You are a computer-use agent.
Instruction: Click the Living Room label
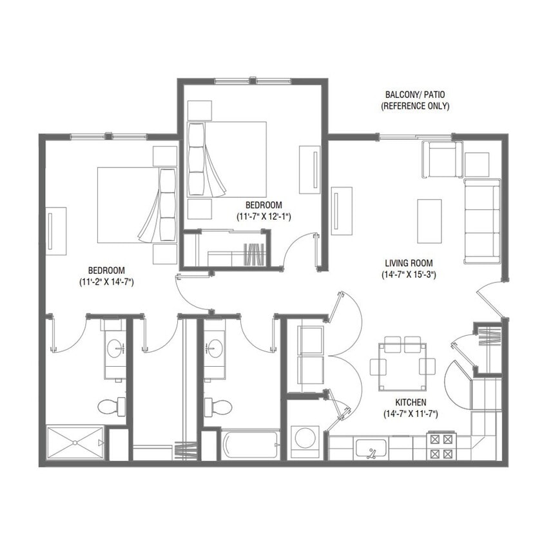(408, 263)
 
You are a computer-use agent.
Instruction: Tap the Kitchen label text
(410, 402)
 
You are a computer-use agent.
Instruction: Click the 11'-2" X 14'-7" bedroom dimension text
(106, 282)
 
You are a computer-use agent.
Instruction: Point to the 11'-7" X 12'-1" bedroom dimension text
(263, 217)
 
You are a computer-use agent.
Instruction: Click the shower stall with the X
(75, 443)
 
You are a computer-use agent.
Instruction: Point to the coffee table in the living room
(429, 220)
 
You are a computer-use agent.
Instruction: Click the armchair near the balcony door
(442, 159)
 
